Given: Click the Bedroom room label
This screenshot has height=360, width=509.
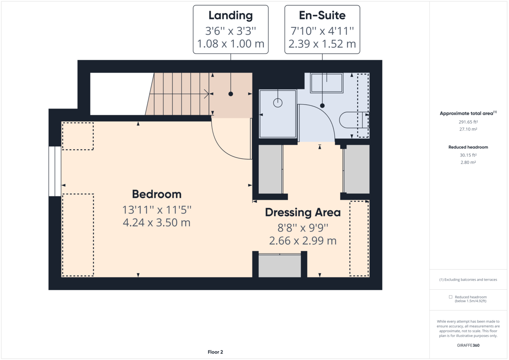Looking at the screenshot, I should click(157, 194).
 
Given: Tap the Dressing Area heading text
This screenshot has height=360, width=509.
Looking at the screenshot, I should click(303, 212).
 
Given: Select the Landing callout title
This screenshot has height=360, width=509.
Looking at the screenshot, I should click(230, 16).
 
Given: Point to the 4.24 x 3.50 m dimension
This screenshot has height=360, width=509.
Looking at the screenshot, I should click(157, 222).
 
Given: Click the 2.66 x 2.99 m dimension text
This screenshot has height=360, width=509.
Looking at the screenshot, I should click(303, 241).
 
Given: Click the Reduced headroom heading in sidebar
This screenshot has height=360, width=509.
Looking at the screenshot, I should click(468, 147).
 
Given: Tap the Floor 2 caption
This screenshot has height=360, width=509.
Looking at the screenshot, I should click(215, 352).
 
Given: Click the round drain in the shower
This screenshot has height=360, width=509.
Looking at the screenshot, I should click(278, 102).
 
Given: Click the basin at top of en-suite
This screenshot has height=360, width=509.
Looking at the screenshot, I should click(327, 83).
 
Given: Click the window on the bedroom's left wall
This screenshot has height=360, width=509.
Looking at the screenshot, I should click(55, 171).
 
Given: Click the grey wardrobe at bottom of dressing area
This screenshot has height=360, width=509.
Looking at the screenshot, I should click(280, 265).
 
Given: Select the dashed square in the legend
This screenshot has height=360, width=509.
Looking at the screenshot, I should click(451, 297).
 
